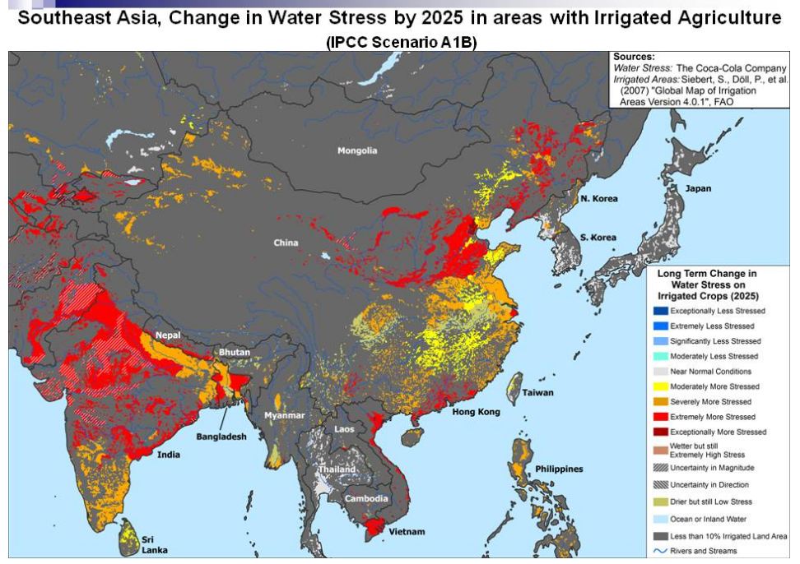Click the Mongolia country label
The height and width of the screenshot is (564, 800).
(x=357, y=150)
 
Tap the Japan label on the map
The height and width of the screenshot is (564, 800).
(x=698, y=188)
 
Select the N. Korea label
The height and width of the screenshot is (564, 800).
(x=598, y=199)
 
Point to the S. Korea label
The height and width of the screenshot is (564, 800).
(x=598, y=238)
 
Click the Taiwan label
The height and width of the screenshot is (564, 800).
(x=537, y=393)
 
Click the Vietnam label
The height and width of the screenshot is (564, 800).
(x=407, y=532)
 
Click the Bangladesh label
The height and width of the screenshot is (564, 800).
(x=221, y=437)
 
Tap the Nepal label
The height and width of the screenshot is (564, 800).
(x=168, y=335)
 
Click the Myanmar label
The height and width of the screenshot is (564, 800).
(x=284, y=415)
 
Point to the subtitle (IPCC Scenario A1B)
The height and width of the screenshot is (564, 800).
(x=401, y=42)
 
